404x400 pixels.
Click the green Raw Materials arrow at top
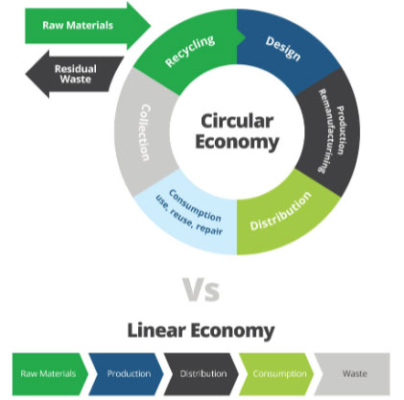[86, 26]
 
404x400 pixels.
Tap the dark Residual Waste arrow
[75, 74]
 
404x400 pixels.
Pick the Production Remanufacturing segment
[329, 131]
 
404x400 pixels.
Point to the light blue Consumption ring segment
[190, 214]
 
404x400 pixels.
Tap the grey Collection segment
[144, 131]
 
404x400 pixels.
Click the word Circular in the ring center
[237, 121]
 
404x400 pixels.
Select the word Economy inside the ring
[237, 142]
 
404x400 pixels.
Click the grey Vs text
[202, 290]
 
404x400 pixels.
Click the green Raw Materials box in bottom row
[50, 374]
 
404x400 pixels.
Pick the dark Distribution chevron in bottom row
[202, 374]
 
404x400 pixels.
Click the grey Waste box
[352, 374]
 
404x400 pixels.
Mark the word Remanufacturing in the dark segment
[326, 131]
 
